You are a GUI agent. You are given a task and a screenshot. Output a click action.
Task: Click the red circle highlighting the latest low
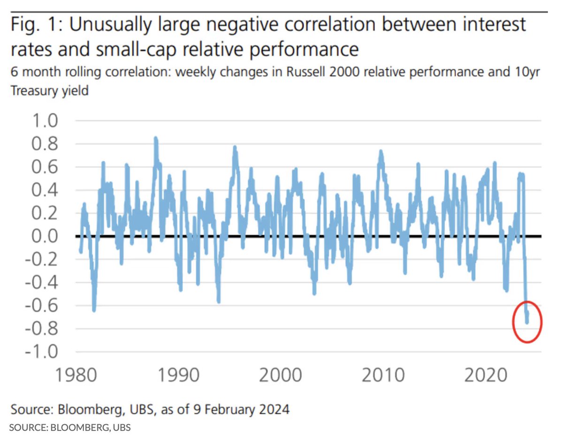(527, 322)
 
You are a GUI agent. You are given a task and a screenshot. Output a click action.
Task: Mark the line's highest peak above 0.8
(155, 138)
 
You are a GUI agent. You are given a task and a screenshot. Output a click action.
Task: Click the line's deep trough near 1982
(94, 309)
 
